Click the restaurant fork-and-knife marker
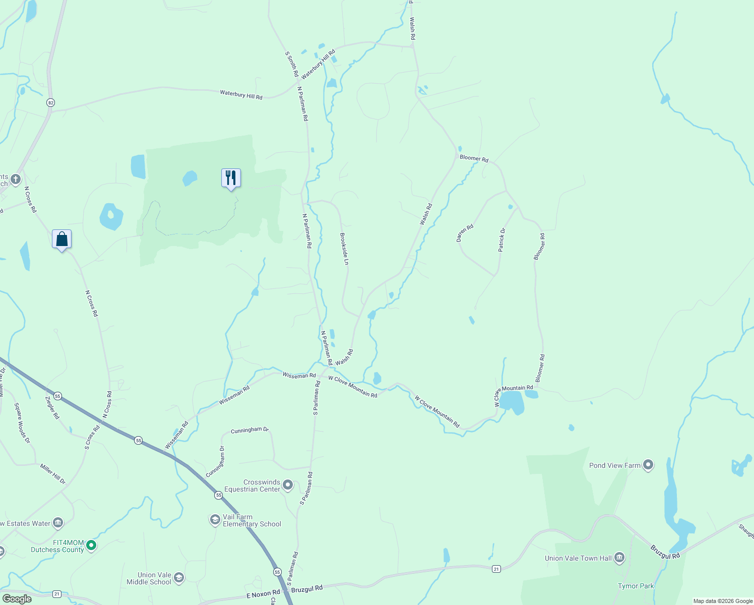pyautogui.click(x=231, y=178)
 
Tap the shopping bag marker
pyautogui.click(x=61, y=239)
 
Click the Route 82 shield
pyautogui.click(x=50, y=103)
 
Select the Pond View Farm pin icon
pyautogui.click(x=648, y=465)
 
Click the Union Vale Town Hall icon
pyautogui.click(x=619, y=558)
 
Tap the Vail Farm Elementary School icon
pyautogui.click(x=215, y=519)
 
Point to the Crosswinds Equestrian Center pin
pyautogui.click(x=288, y=485)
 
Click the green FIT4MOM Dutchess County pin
pyautogui.click(x=91, y=545)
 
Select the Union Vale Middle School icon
pyautogui.click(x=178, y=578)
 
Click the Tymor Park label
pyautogui.click(x=636, y=586)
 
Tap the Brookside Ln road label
pyautogui.click(x=344, y=249)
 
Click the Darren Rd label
pyautogui.click(x=465, y=233)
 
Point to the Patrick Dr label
pyautogui.click(x=501, y=240)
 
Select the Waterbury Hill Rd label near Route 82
pyautogui.click(x=241, y=94)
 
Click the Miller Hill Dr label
pyautogui.click(x=53, y=474)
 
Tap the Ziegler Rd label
pyautogui.click(x=52, y=407)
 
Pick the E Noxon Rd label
pyautogui.click(x=263, y=594)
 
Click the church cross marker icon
pyautogui.click(x=16, y=179)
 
